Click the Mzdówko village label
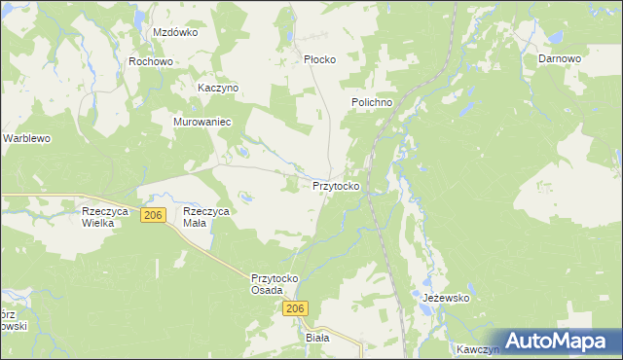[x=175, y=32]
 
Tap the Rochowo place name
[x=151, y=61]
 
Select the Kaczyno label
[x=218, y=88]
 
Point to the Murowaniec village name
[x=201, y=122]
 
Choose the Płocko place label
[x=319, y=59]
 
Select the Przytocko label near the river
[x=337, y=185]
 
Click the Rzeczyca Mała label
[x=205, y=217]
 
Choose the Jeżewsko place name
[x=447, y=299]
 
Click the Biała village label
[x=318, y=338]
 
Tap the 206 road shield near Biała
[x=297, y=308]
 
